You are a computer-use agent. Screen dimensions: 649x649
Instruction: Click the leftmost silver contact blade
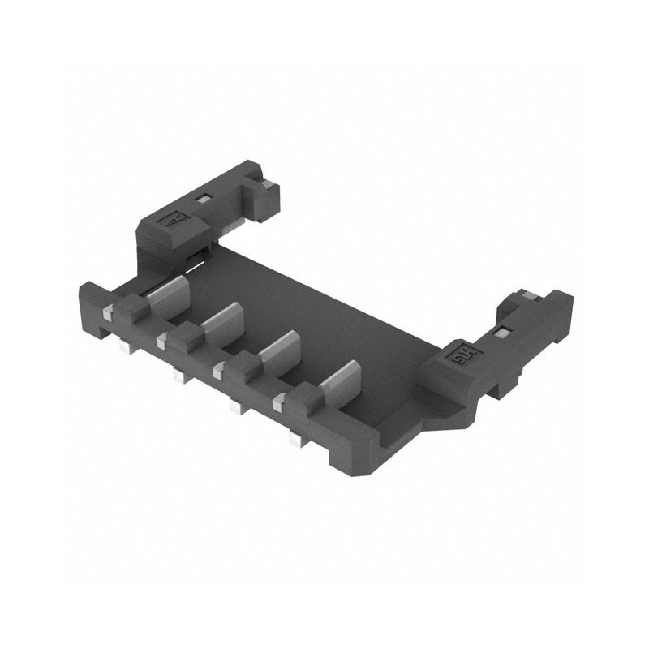[169, 294]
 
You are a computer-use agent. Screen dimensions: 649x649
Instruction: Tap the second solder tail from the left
[178, 376]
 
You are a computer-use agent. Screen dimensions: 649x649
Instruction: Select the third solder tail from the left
[235, 406]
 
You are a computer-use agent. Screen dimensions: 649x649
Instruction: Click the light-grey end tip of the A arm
[264, 183]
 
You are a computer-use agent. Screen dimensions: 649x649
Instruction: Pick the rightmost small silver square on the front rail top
[280, 398]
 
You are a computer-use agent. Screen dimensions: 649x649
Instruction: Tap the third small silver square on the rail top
[219, 369]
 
